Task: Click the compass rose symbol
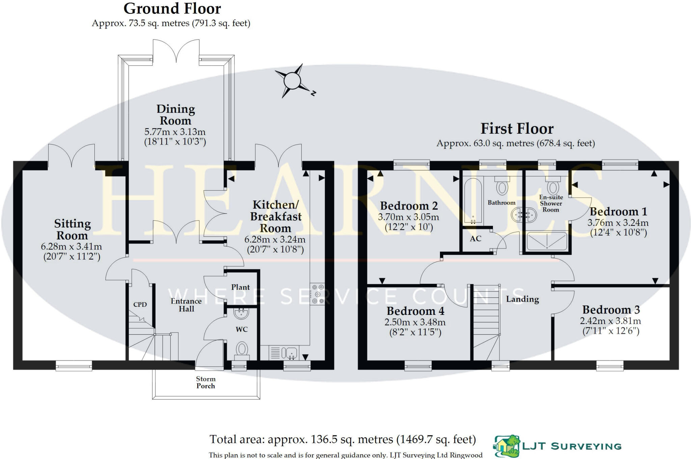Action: pos(292,81)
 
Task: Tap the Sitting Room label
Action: pos(72,229)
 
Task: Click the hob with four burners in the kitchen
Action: pos(317,294)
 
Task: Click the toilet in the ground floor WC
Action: pos(242,349)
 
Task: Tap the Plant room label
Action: pos(240,287)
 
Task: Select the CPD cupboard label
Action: pos(140,304)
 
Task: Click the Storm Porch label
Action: pos(205,382)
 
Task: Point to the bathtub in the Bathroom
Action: pos(473,201)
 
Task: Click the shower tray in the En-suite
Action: pos(547,241)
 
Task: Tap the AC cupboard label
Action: pos(475,239)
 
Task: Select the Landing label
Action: pos(522,299)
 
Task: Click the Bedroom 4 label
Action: pos(415,311)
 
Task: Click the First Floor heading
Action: pos(517,129)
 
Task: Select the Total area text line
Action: pos(342,439)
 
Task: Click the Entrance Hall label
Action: pos(186,305)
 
